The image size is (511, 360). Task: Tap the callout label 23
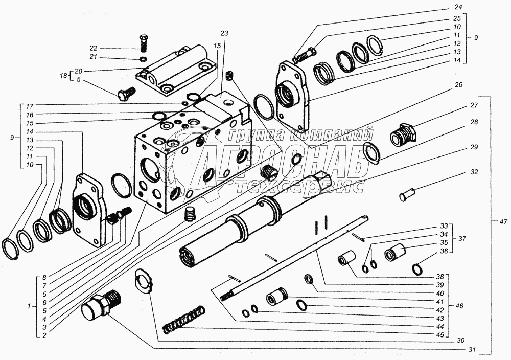click(224, 33)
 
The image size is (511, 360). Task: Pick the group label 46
click(459, 306)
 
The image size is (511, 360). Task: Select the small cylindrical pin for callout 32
click(407, 194)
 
